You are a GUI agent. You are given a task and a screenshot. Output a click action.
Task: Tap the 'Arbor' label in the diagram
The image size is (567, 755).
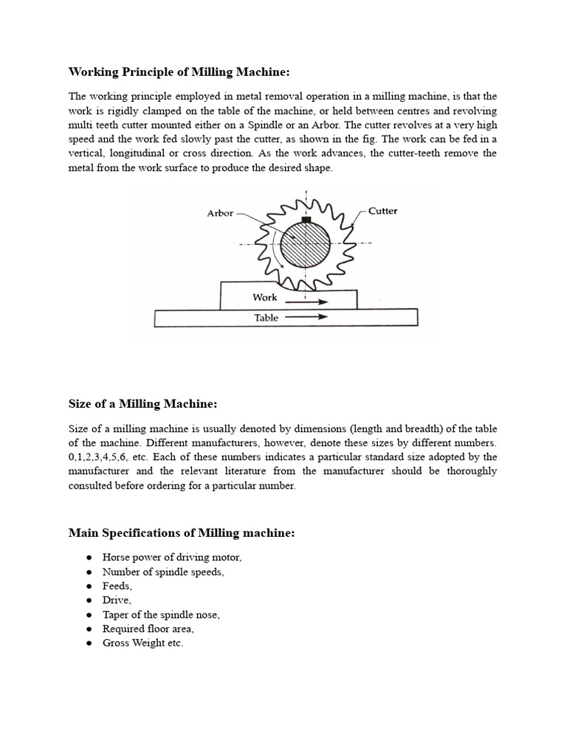[x=220, y=213]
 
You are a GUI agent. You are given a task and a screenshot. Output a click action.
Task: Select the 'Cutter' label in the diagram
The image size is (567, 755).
[x=382, y=211]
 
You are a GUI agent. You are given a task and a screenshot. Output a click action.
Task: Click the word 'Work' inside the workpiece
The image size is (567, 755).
[x=264, y=298]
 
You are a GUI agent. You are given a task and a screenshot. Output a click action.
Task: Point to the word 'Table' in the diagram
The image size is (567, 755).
[x=266, y=318]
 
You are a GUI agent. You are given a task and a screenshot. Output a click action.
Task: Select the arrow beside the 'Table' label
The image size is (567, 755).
[x=306, y=319]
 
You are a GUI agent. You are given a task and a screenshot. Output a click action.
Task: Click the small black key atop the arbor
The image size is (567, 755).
[x=306, y=219]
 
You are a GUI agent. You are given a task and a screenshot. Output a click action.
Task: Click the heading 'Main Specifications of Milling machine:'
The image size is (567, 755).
[x=182, y=532]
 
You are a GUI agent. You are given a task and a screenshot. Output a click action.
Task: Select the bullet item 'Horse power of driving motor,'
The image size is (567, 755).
[x=172, y=558]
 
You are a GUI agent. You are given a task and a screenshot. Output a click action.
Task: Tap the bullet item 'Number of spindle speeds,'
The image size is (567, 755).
[x=163, y=572]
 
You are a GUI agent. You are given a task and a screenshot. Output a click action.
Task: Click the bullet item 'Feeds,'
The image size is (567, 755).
[x=117, y=586]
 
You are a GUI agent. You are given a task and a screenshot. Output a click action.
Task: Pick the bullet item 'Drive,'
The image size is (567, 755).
[x=117, y=600]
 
